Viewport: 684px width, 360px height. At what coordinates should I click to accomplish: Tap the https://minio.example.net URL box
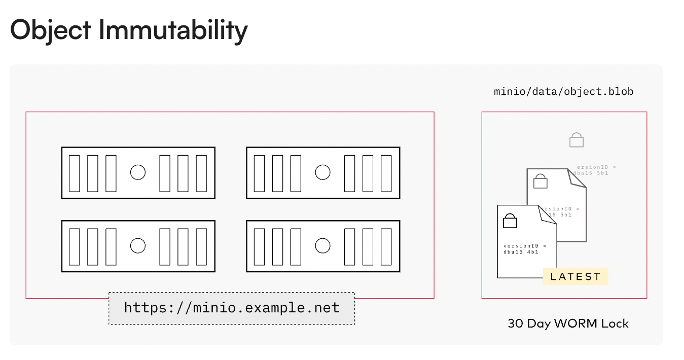232,308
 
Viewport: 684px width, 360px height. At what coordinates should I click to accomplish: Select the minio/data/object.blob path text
563,92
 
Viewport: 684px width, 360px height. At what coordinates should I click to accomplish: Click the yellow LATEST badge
575,276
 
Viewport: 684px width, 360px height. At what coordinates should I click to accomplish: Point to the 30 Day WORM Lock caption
568,323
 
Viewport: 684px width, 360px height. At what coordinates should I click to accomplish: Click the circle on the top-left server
138,172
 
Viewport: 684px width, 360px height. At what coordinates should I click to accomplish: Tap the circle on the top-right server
322,172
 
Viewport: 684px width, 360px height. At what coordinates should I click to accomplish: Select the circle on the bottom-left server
138,246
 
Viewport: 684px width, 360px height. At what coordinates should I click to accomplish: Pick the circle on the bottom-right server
322,246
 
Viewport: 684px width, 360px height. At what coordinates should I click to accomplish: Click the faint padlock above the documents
577,140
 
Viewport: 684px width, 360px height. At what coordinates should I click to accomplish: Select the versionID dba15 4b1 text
525,248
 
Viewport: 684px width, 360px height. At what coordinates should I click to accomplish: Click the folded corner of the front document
549,214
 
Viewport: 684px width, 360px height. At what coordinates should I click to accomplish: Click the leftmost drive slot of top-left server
75,173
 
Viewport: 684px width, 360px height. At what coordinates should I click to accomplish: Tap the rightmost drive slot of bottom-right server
386,246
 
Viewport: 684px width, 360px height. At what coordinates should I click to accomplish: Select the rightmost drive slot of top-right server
386,173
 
